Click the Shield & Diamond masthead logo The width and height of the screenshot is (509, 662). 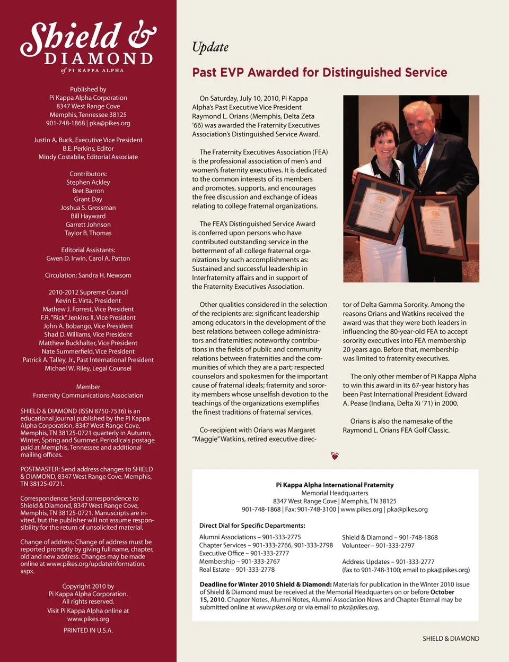88,46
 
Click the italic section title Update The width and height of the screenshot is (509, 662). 210,47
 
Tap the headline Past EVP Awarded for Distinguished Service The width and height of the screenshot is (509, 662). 319,72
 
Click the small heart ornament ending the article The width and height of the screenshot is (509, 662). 335,455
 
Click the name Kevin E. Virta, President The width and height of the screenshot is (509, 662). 88,300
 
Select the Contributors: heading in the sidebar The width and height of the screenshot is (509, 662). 88,174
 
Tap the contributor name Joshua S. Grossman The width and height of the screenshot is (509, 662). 88,208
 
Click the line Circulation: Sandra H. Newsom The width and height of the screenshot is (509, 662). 88,275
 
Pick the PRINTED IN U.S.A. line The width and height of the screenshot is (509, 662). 88,630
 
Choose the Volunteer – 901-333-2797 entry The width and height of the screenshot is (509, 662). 378,545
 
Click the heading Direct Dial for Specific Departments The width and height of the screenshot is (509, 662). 252,526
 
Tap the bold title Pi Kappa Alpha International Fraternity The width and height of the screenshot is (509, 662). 335,485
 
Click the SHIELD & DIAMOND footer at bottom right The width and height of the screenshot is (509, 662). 451,639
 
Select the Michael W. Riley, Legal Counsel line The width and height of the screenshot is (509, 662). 88,368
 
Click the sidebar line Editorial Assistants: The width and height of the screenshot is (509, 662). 88,250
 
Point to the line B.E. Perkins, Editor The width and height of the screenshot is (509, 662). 88,148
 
